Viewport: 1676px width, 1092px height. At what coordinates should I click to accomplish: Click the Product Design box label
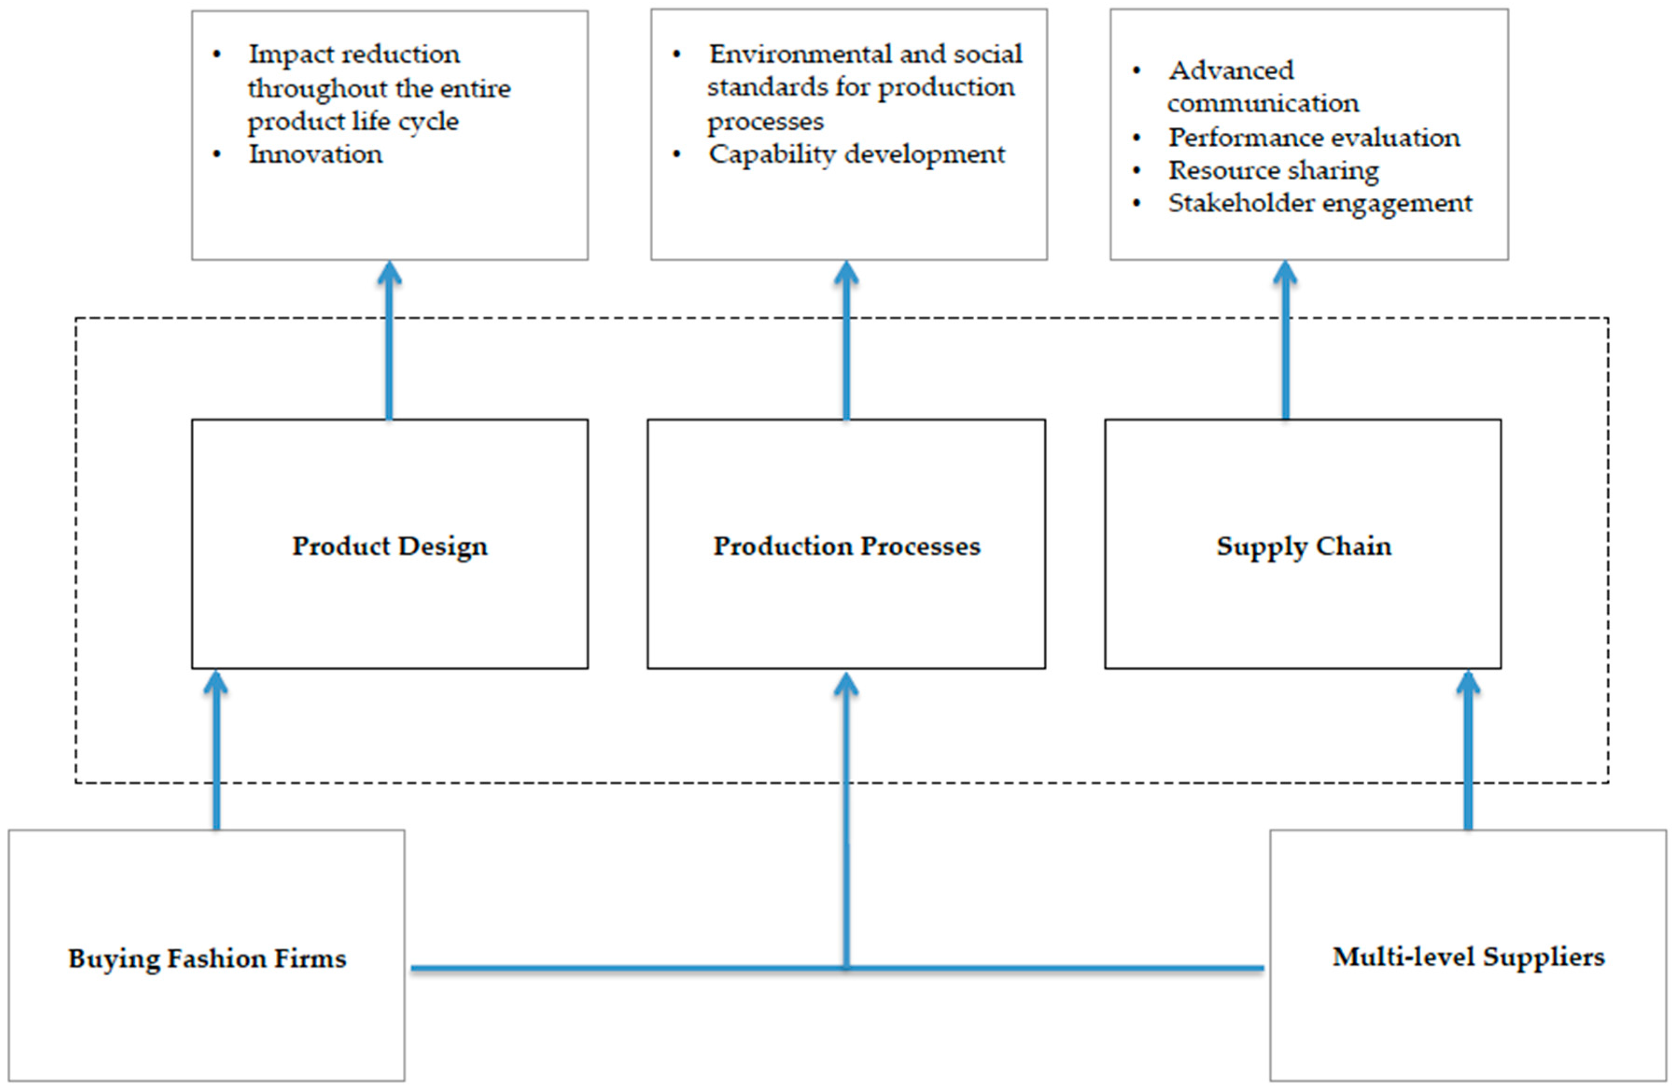[390, 546]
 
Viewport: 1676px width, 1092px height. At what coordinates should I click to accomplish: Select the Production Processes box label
[846, 546]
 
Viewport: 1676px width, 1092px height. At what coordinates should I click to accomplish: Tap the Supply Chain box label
[1304, 546]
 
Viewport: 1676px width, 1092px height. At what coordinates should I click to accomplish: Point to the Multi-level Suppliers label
[1468, 957]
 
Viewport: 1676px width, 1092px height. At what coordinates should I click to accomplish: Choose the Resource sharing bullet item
[1273, 170]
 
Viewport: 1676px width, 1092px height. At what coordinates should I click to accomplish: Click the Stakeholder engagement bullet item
[1320, 203]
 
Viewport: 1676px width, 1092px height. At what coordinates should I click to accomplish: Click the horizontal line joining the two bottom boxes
[634, 968]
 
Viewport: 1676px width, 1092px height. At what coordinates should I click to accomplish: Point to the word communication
[1263, 104]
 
